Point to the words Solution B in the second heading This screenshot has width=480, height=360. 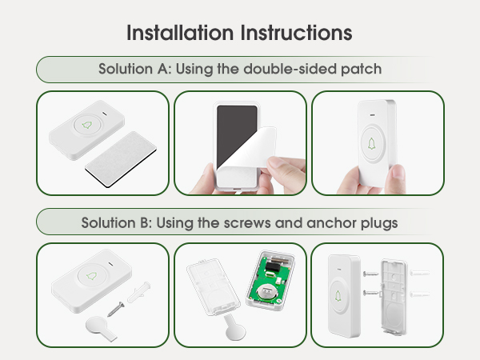pyautogui.click(x=113, y=222)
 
